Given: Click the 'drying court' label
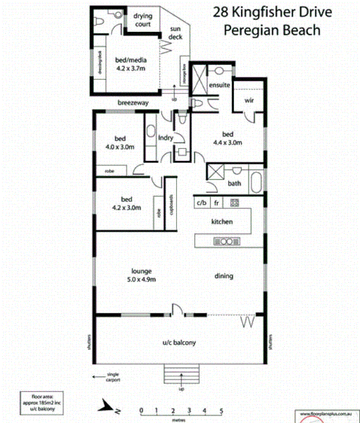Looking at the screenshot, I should click(x=142, y=20).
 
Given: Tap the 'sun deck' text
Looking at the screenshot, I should click(x=176, y=33).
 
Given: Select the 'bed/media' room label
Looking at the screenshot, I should click(x=131, y=63).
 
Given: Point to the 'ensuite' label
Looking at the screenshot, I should click(x=219, y=85).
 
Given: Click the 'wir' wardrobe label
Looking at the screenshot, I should click(x=248, y=100).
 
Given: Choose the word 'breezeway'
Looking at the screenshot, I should click(x=133, y=102).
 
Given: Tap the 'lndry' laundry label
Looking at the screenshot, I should click(x=166, y=138).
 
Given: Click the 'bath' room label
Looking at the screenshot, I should click(x=235, y=183).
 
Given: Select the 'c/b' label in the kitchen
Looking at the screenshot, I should click(x=202, y=203).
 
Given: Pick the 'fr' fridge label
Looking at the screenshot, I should click(x=217, y=203).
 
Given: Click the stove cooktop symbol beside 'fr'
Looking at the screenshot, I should click(x=234, y=202).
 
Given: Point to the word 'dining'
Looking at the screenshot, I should click(x=224, y=276).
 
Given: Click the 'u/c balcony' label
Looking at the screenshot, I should click(x=179, y=342).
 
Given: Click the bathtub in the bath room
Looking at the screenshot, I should click(x=256, y=182).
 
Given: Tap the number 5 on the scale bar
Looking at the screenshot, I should click(x=221, y=411).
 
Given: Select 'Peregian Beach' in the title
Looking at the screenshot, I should click(x=272, y=30).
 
